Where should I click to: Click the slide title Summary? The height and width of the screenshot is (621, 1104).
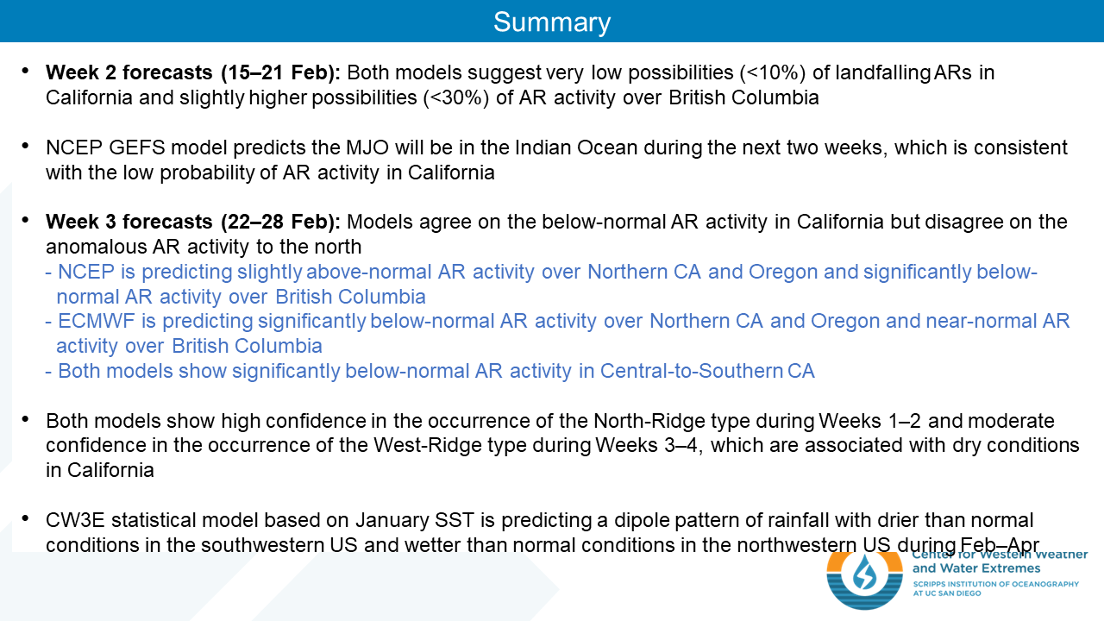pyautogui.click(x=552, y=22)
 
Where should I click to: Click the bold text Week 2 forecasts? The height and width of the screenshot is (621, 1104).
pyautogui.click(x=129, y=72)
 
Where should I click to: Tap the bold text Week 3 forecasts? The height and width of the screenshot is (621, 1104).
pyautogui.click(x=129, y=222)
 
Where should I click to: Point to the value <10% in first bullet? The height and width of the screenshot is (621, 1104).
pyautogui.click(x=772, y=72)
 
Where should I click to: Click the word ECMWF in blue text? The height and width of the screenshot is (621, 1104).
pyautogui.click(x=96, y=321)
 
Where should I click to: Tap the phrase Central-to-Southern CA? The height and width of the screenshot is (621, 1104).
pyautogui.click(x=706, y=371)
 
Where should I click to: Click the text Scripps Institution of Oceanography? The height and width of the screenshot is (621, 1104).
pyautogui.click(x=995, y=584)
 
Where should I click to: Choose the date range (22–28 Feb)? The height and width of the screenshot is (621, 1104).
pyautogui.click(x=280, y=222)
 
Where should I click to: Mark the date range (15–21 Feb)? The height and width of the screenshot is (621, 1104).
pyautogui.click(x=280, y=72)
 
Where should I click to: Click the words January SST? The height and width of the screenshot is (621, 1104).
pyautogui.click(x=415, y=520)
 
